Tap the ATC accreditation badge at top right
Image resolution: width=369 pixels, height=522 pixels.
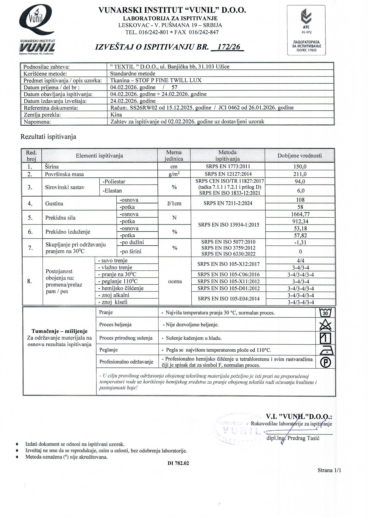306,30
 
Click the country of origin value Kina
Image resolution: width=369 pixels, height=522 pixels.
116,115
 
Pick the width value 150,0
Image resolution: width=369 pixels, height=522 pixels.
300,167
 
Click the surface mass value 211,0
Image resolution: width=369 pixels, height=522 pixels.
300,174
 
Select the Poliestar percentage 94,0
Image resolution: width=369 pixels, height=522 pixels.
300,182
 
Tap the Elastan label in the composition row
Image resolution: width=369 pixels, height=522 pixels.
112,191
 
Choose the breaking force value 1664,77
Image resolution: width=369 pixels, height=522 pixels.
300,214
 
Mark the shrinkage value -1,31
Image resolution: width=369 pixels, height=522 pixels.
300,242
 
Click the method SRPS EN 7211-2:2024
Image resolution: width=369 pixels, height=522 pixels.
228,204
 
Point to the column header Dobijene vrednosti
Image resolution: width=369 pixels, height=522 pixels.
300,155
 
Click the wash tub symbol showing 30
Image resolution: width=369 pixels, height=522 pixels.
325,313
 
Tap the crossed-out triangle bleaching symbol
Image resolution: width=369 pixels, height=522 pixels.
325,325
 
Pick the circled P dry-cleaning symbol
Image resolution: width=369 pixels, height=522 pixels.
325,362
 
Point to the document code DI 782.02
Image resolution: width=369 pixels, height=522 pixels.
178,463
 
